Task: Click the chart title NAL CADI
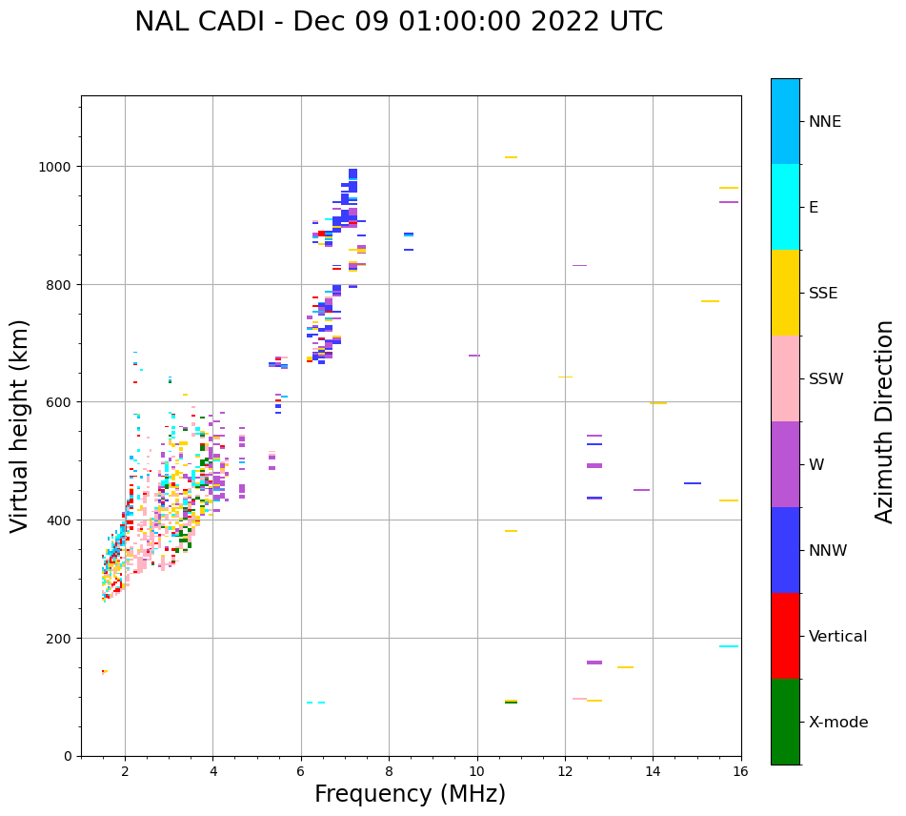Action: coord(398,22)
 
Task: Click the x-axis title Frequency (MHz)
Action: coord(410,794)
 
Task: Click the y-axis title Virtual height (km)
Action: coord(20,425)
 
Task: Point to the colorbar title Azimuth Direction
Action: coord(885,421)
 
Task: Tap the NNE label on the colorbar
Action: coord(825,121)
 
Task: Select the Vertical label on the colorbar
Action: coord(838,636)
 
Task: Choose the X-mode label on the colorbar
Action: coord(838,722)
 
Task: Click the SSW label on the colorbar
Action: coord(826,378)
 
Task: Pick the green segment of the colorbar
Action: coord(785,722)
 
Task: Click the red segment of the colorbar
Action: coord(785,636)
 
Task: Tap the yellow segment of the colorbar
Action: coord(785,293)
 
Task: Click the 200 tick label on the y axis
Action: coord(62,638)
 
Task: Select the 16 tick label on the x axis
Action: coord(740,772)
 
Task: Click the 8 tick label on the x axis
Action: coord(389,772)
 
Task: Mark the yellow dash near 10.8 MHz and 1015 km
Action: coord(511,157)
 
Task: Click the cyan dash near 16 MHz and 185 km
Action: coord(729,646)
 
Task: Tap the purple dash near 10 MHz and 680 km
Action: coord(474,356)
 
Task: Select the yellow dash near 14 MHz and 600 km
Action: coord(658,403)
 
